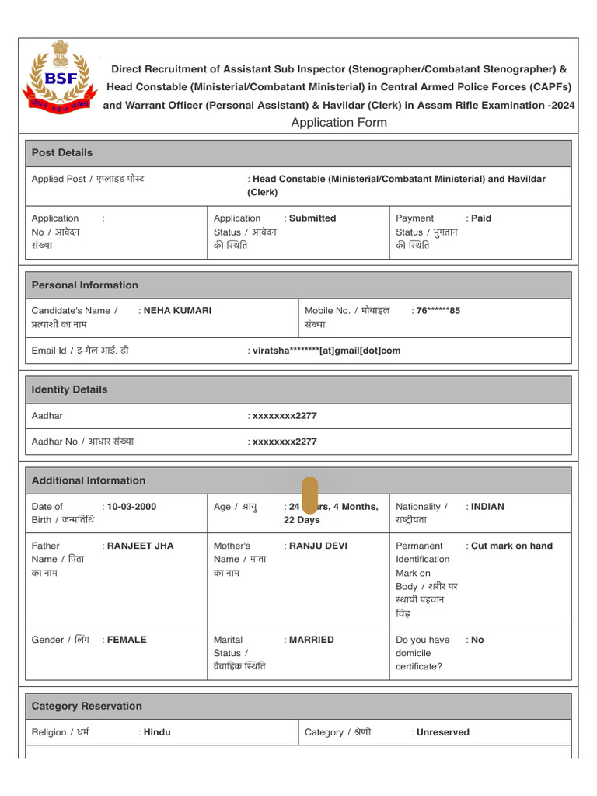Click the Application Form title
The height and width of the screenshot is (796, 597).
click(338, 123)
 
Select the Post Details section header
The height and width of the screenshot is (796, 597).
click(61, 153)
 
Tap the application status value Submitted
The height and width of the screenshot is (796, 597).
click(312, 218)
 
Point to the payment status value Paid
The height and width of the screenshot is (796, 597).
click(481, 218)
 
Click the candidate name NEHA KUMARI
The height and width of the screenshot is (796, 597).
click(177, 311)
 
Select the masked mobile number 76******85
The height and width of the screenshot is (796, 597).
click(438, 311)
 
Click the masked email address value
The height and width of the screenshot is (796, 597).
click(326, 351)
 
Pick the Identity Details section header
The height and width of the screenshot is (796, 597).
click(69, 389)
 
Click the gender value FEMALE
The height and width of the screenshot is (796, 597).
click(127, 640)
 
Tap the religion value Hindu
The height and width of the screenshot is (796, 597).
click(157, 732)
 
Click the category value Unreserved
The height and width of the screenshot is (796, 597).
click(442, 732)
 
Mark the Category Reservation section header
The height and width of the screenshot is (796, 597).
click(86, 707)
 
